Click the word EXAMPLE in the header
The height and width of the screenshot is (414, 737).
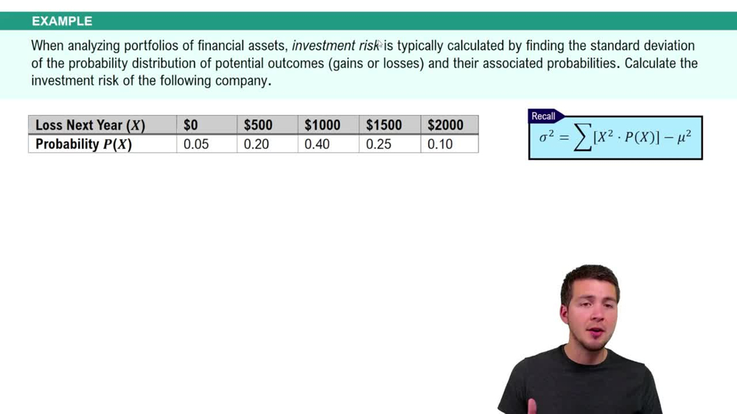point(62,21)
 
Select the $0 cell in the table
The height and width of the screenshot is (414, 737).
point(191,125)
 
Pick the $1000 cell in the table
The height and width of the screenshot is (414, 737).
point(322,125)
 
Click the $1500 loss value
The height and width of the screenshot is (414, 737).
point(383,125)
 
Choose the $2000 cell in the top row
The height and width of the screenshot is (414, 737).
point(445,125)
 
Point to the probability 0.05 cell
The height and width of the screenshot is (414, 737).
point(196,144)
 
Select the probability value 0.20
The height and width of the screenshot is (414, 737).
point(256,144)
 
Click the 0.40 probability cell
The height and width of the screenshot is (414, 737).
point(318,144)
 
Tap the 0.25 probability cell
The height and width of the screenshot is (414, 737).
point(379,144)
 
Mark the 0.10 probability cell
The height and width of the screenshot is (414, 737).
point(440,144)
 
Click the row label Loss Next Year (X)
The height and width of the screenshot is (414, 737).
point(90,125)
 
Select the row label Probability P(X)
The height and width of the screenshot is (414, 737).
point(83,144)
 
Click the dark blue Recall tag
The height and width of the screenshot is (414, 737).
point(544,116)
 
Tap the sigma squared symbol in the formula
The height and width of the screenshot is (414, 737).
point(546,137)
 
